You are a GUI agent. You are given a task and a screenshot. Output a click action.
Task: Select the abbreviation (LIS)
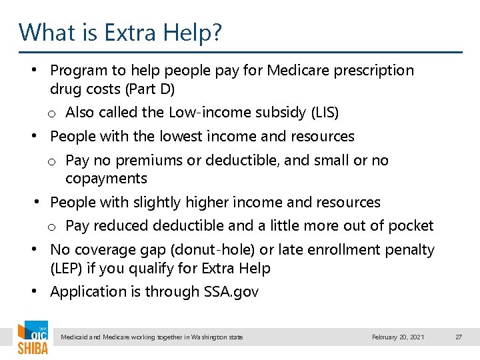(x=325, y=113)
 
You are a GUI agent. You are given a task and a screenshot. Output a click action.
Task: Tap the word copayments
(x=106, y=179)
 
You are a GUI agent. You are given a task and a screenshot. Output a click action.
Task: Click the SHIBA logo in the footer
(x=33, y=339)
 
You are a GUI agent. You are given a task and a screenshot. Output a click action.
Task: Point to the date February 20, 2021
(x=398, y=337)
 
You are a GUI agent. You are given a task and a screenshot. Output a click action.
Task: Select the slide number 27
(x=459, y=337)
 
